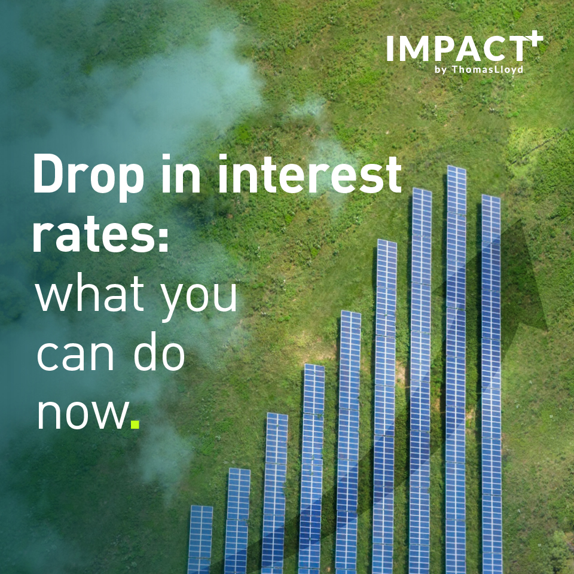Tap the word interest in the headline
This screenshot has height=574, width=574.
[x=310, y=173]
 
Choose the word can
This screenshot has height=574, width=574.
[x=75, y=354]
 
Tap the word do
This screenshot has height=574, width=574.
[x=159, y=352]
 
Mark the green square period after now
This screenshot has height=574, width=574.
[x=135, y=424]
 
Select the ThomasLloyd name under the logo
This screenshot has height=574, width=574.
[x=488, y=69]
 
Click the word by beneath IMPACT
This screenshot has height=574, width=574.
[x=441, y=69]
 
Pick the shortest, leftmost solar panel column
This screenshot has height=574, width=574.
[x=200, y=539]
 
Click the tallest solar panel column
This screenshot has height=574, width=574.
[x=456, y=370]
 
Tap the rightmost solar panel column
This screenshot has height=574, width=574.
[x=491, y=384]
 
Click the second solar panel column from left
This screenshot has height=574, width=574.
[x=237, y=521]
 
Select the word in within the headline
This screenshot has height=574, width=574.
[x=181, y=173]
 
